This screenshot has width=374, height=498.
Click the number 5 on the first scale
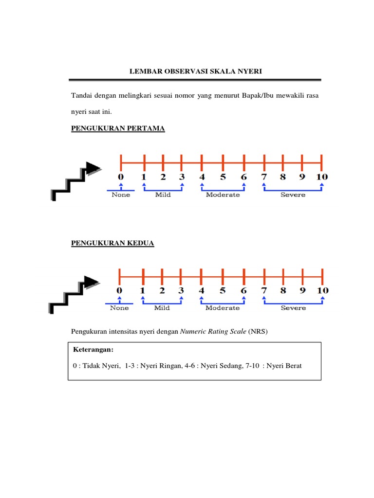click(223, 177)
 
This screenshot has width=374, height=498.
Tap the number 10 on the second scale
click(322, 291)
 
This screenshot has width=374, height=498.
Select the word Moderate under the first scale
click(223, 195)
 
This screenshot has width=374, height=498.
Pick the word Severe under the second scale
click(293, 308)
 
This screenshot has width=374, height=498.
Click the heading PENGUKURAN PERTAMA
click(118, 128)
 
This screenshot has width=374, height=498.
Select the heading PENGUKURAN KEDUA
click(112, 243)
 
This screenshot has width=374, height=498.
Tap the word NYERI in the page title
click(250, 71)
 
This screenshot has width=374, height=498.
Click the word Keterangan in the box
click(93, 350)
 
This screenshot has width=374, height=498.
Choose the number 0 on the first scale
click(121, 177)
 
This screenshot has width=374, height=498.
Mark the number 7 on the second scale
click(263, 291)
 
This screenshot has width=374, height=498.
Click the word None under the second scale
click(119, 308)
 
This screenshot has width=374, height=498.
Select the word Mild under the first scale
click(163, 195)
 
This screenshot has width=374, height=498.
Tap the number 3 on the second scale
click(181, 291)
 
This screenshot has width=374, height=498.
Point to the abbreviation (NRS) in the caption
click(258, 332)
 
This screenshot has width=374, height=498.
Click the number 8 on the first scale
click(283, 177)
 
